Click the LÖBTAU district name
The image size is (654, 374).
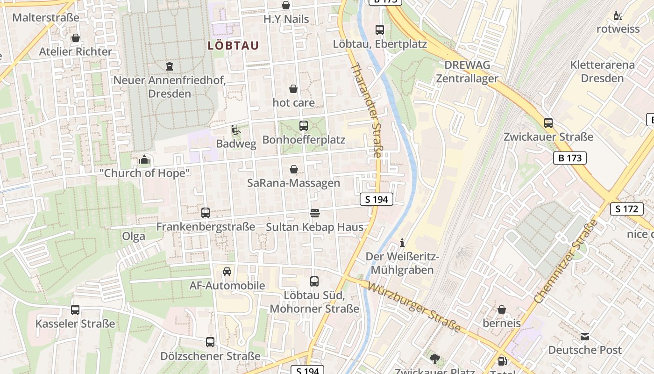point(233,45)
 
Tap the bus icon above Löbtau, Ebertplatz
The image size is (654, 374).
point(380,30)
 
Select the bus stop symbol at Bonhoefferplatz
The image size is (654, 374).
point(304,125)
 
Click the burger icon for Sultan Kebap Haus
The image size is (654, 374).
point(315,213)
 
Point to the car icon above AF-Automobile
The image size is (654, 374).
point(227,272)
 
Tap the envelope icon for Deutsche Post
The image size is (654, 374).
point(585,336)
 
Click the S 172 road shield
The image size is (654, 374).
point(627,209)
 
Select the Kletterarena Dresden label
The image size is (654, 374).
point(603,71)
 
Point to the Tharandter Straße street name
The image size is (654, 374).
point(367,110)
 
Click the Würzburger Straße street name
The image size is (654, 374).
point(414,307)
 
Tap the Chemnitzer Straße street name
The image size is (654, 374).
point(566,261)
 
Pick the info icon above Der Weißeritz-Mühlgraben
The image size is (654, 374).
point(402,243)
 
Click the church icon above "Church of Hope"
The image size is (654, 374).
point(144,160)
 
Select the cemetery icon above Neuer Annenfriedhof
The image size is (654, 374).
point(169,66)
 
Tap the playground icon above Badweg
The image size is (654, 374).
point(236,130)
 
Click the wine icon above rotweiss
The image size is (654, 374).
point(618,16)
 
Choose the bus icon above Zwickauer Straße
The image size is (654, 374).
point(548,123)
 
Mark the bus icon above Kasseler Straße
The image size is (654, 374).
point(75,309)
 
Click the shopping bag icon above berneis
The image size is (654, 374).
point(502,309)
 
